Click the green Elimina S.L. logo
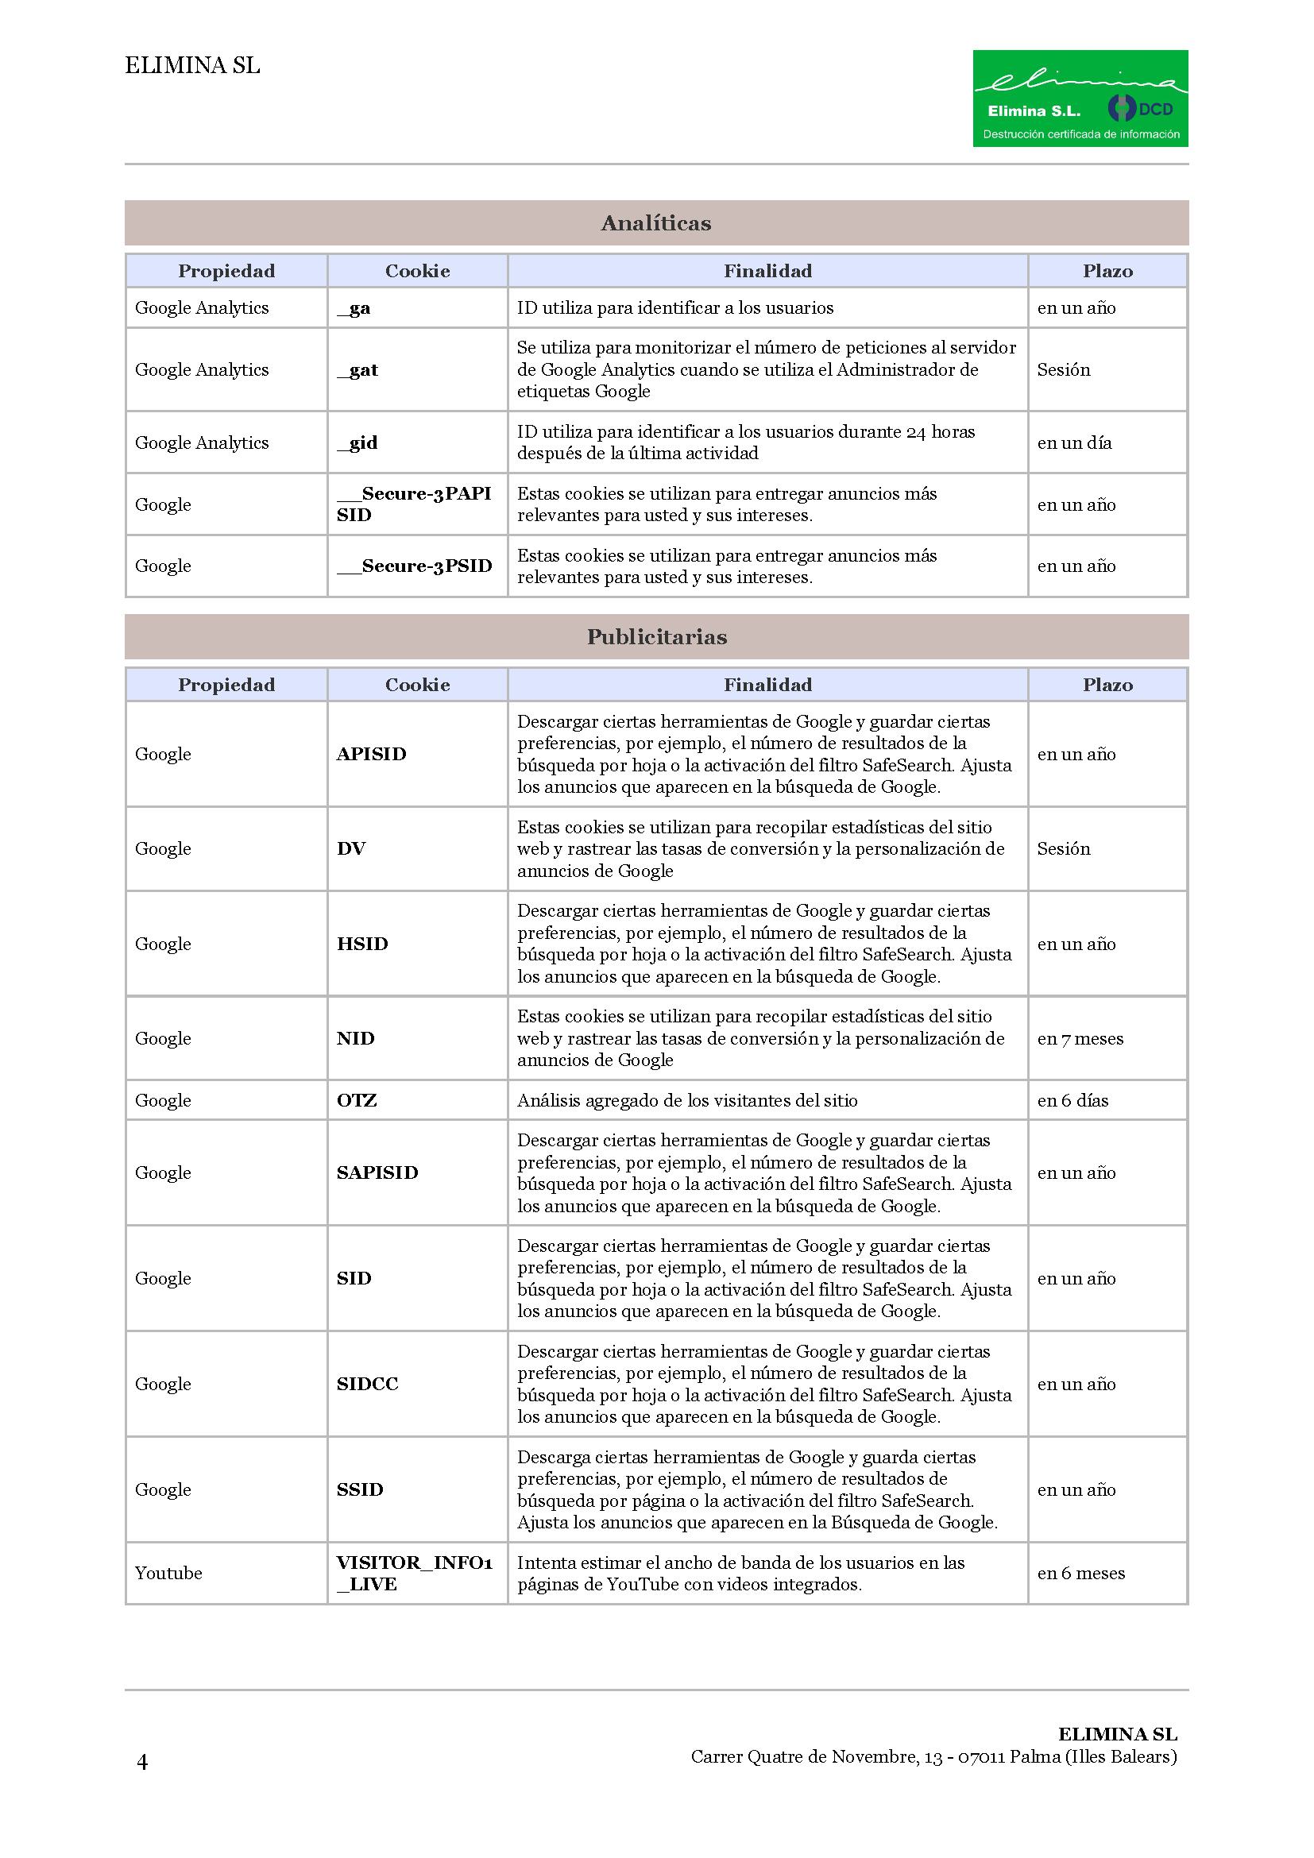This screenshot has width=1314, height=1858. [x=1080, y=98]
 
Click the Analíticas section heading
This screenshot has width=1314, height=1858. [x=655, y=223]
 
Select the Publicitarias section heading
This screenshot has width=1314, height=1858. [x=655, y=637]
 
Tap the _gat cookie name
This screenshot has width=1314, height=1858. [x=357, y=370]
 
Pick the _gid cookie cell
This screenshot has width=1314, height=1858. [x=357, y=442]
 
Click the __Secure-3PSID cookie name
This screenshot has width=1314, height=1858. [x=414, y=566]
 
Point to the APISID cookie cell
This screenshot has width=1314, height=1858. [x=370, y=753]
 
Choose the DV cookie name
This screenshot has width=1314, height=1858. [x=351, y=848]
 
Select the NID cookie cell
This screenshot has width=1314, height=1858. [x=355, y=1038]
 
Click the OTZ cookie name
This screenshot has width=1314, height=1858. [x=357, y=1099]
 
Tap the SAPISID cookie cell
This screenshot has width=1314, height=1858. [x=377, y=1172]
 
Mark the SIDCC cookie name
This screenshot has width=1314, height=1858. [x=367, y=1384]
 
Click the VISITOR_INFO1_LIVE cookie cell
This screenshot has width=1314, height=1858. [x=414, y=1573]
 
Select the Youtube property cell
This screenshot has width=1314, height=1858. [x=168, y=1573]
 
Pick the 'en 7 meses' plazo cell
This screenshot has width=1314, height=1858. [x=1080, y=1038]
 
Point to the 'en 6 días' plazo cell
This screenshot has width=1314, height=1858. [x=1072, y=1099]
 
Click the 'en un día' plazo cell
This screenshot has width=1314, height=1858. [x=1074, y=442]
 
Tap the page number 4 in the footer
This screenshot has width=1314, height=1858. [x=142, y=1762]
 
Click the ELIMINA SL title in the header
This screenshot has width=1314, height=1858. [x=192, y=66]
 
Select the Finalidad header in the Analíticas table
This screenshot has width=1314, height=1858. [x=767, y=271]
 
